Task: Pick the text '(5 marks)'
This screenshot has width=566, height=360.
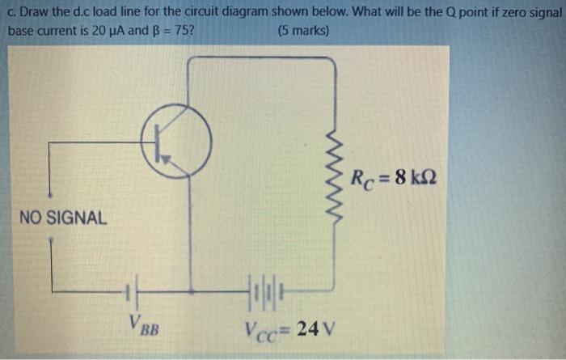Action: tap(302, 31)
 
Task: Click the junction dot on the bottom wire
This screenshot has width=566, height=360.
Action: tap(192, 289)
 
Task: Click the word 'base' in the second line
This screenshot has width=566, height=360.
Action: tap(22, 31)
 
